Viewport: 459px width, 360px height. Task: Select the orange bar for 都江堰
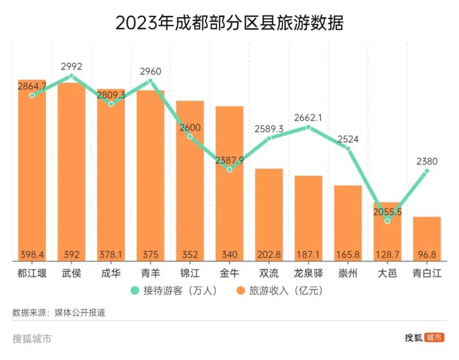tap(32, 170)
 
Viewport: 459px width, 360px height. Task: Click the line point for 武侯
tap(71, 76)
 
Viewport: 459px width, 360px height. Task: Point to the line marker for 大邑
tap(387, 221)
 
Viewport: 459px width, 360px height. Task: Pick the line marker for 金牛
tap(229, 170)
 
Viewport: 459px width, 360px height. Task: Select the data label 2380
tap(427, 162)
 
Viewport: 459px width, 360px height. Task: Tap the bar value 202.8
tap(269, 255)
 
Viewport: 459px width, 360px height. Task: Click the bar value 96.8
tap(427, 255)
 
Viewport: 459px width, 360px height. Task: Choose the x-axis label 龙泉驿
tap(309, 273)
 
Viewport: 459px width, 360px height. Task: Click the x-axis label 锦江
tap(190, 273)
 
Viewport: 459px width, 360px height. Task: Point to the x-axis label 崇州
tap(348, 273)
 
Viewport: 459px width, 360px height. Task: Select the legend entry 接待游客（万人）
tap(175, 291)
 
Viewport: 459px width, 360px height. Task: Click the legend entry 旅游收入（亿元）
tap(281, 291)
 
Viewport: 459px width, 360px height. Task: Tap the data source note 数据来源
tap(59, 313)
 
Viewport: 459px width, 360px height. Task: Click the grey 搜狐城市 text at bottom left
tap(32, 339)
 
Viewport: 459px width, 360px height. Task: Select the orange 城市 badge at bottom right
tap(435, 338)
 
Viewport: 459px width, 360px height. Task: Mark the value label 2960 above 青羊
tap(150, 71)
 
